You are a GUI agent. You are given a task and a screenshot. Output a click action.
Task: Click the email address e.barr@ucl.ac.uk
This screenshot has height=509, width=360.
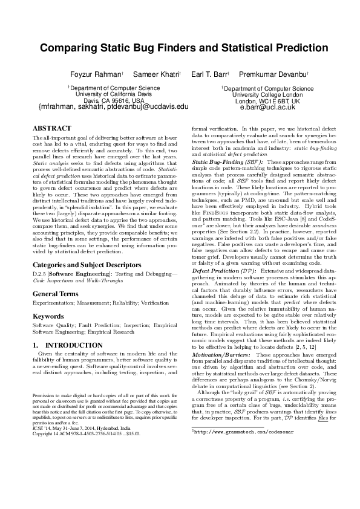click(x=267, y=107)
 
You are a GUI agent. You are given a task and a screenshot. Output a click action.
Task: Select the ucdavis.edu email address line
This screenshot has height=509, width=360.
click(x=113, y=107)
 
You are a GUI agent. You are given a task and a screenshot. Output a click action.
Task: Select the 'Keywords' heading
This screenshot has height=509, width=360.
click(x=48, y=299)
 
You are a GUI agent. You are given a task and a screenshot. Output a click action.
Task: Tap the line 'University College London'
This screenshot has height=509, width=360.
click(x=267, y=94)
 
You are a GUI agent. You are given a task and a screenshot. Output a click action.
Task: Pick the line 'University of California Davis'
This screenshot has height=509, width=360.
click(x=113, y=94)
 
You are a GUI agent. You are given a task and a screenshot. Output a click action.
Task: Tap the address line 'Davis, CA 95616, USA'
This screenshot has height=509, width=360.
click(x=113, y=100)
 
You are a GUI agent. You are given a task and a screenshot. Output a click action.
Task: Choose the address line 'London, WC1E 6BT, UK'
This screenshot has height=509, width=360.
click(x=267, y=100)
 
